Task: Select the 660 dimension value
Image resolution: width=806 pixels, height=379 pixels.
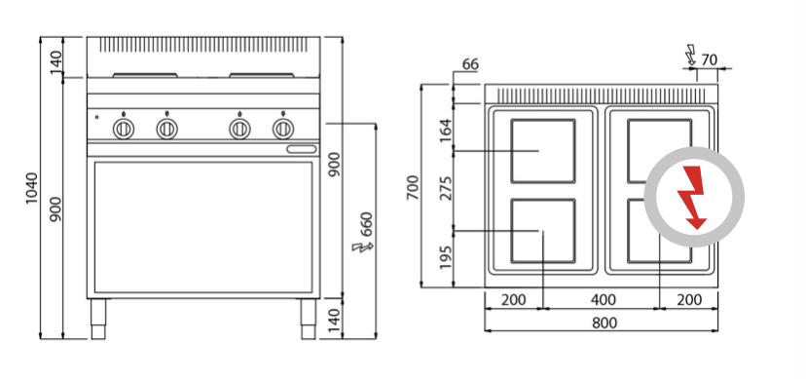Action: pos(366,224)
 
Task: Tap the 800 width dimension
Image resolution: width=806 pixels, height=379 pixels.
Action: pos(604,322)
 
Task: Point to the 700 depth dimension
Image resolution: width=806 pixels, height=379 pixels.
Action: pos(414,188)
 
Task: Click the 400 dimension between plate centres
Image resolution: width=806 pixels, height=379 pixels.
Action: pos(603,299)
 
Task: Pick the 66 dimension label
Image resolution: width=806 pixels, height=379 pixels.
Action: pos(470,64)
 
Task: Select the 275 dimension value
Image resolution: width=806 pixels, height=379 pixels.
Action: pos(446,188)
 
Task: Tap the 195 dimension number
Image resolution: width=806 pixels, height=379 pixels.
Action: pos(446,257)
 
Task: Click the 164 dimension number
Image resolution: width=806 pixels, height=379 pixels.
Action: pos(446,131)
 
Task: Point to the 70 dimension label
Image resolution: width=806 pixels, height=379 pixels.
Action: pos(709,60)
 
